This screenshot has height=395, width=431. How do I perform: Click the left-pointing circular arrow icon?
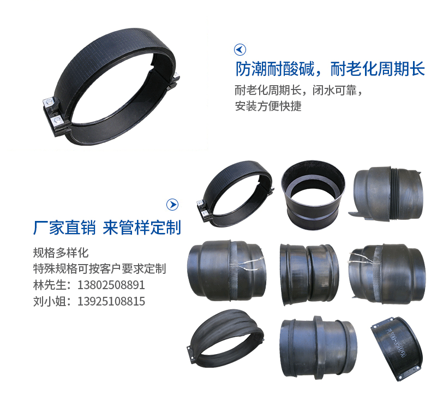(240, 50)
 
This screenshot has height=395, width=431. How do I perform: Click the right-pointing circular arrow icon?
(172, 205)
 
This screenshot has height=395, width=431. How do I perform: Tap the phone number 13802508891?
(111, 285)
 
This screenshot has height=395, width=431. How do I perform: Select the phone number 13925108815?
(111, 301)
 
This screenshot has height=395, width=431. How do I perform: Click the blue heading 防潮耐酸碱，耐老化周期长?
(330, 69)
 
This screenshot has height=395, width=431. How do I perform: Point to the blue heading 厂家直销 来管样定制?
(107, 228)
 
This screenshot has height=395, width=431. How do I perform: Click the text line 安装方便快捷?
(268, 106)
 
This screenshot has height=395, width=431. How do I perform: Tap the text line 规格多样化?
(61, 253)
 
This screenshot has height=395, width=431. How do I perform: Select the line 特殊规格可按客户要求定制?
(99, 269)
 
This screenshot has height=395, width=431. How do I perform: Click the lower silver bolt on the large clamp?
(57, 120)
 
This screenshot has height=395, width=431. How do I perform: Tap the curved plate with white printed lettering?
(396, 349)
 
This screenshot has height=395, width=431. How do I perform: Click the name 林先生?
(50, 285)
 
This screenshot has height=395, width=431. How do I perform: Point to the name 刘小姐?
(50, 301)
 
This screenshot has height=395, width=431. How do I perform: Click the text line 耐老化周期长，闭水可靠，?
(299, 90)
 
